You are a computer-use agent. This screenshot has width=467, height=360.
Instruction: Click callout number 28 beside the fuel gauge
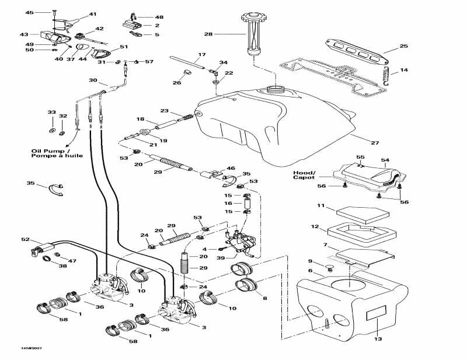click(x=208, y=34)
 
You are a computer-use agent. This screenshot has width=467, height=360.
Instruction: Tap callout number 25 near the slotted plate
click(x=403, y=46)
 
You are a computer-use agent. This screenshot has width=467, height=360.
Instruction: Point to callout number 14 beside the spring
click(x=404, y=71)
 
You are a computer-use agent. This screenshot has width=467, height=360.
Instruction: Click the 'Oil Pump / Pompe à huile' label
click(x=57, y=153)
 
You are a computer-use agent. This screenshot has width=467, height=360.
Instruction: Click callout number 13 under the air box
click(x=377, y=339)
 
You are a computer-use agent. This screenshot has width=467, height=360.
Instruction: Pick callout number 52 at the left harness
click(x=25, y=239)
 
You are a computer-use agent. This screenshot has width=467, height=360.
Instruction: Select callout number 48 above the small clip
click(x=159, y=18)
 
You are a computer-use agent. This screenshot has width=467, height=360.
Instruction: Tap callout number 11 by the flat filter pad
click(x=320, y=206)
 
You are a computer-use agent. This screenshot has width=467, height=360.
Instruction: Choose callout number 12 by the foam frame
click(x=315, y=226)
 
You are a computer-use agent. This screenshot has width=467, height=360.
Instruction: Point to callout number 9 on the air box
click(x=310, y=261)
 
